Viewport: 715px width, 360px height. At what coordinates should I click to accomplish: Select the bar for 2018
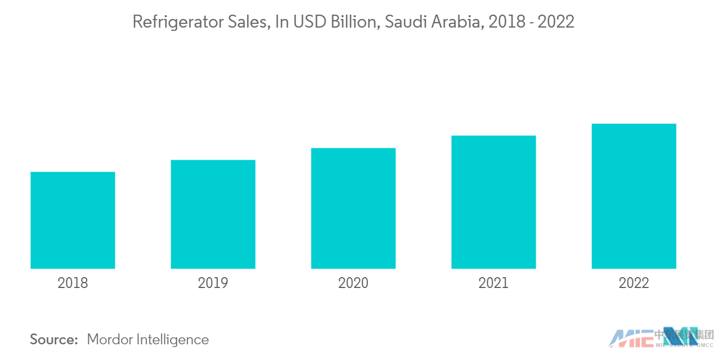click(73, 220)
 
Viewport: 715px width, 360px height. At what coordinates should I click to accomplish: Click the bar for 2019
click(213, 214)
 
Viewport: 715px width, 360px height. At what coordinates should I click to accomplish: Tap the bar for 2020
click(353, 208)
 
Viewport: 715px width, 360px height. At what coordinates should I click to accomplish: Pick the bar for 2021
click(493, 202)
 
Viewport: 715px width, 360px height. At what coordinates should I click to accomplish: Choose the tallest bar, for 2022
click(634, 196)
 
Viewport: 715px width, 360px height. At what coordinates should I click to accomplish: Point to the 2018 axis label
click(73, 283)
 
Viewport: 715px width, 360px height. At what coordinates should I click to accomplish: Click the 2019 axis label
click(213, 283)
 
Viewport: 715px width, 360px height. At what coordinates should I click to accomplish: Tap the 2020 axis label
click(353, 283)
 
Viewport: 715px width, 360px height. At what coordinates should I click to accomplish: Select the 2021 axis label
click(493, 283)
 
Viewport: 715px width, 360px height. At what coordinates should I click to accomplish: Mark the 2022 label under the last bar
click(634, 283)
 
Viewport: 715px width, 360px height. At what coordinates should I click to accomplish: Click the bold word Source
click(54, 340)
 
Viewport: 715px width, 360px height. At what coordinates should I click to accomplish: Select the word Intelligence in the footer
click(174, 340)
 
